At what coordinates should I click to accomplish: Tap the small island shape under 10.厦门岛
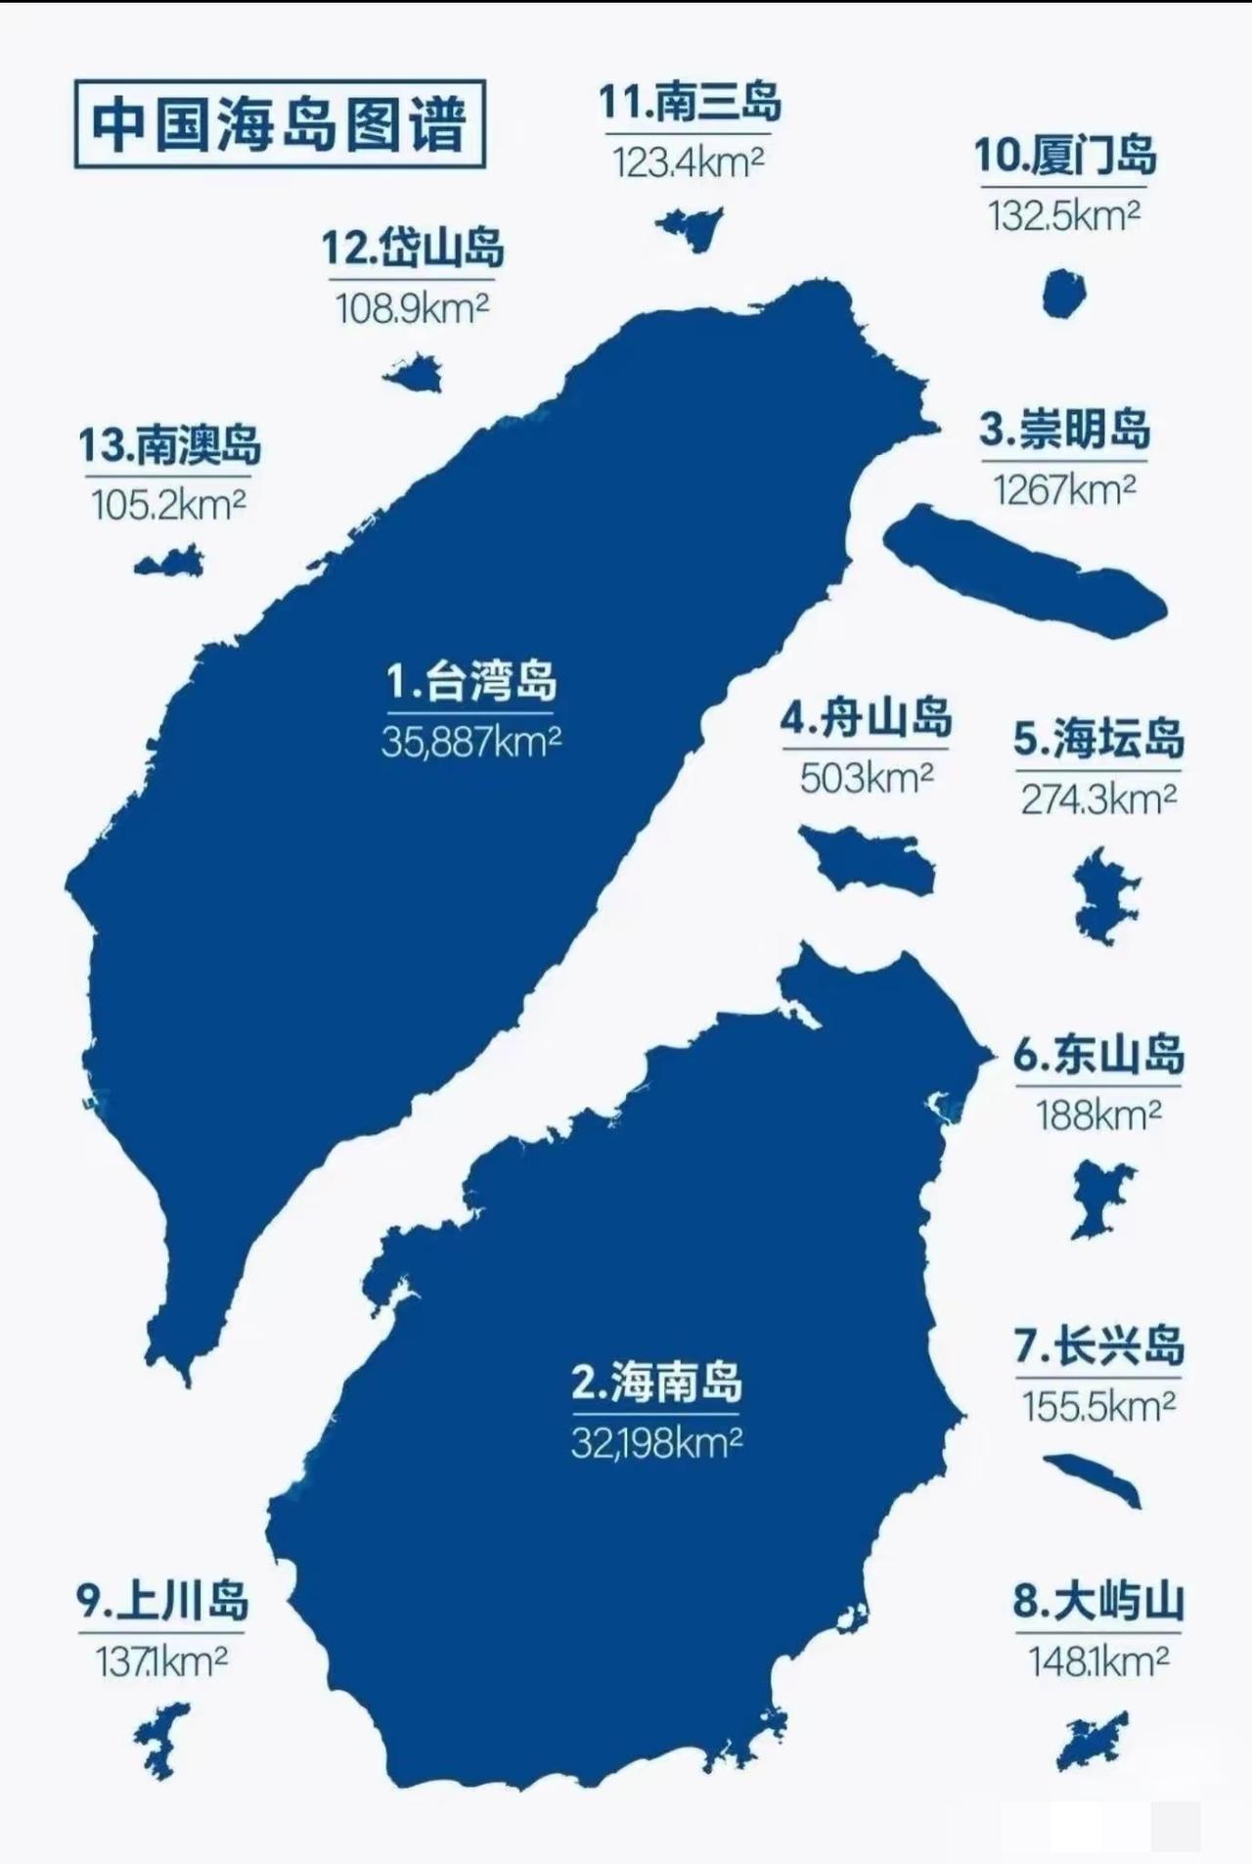coord(1063,294)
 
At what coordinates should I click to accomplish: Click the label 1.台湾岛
coord(471,681)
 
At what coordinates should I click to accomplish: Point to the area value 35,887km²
coord(471,742)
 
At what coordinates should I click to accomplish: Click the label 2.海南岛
coord(656,1382)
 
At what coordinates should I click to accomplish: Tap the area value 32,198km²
coord(656,1442)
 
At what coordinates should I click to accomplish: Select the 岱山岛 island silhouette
coord(415,374)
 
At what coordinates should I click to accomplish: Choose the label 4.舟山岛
coord(866,718)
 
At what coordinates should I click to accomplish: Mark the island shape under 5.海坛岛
coord(1105,895)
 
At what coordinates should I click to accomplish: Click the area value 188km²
coord(1098,1114)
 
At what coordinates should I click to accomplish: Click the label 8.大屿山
coord(1097,1602)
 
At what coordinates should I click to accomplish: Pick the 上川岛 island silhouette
coord(162,1739)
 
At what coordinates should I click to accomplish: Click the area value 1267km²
coord(1064,489)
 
